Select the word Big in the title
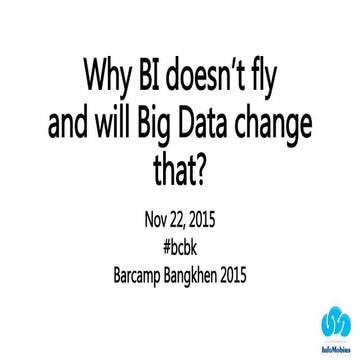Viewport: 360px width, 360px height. (x=168, y=126)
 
